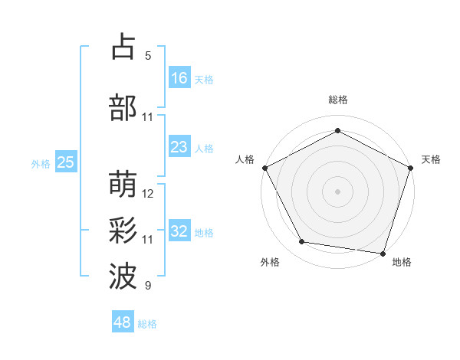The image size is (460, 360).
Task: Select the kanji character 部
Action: [x=123, y=108]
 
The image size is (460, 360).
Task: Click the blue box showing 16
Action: [x=179, y=77]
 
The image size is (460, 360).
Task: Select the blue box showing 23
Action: [x=179, y=147]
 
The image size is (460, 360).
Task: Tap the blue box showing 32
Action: [x=179, y=231]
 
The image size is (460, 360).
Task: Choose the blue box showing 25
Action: [x=65, y=162]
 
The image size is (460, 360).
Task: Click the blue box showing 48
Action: [x=123, y=322]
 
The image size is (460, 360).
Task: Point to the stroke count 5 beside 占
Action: [x=148, y=56]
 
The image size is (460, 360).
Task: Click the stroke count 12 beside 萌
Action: [x=148, y=193]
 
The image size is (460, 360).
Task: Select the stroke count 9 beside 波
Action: [x=148, y=286]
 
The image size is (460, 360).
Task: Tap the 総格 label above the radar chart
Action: [x=337, y=100]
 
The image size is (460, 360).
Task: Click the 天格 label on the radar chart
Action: [x=431, y=159]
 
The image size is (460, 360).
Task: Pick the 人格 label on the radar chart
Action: [x=245, y=159]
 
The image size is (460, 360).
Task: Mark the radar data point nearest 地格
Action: [x=383, y=253]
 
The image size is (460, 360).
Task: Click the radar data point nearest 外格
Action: [x=302, y=242]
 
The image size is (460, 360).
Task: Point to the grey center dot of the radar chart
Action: [x=337, y=191]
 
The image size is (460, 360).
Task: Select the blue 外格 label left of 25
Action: [x=41, y=162]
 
